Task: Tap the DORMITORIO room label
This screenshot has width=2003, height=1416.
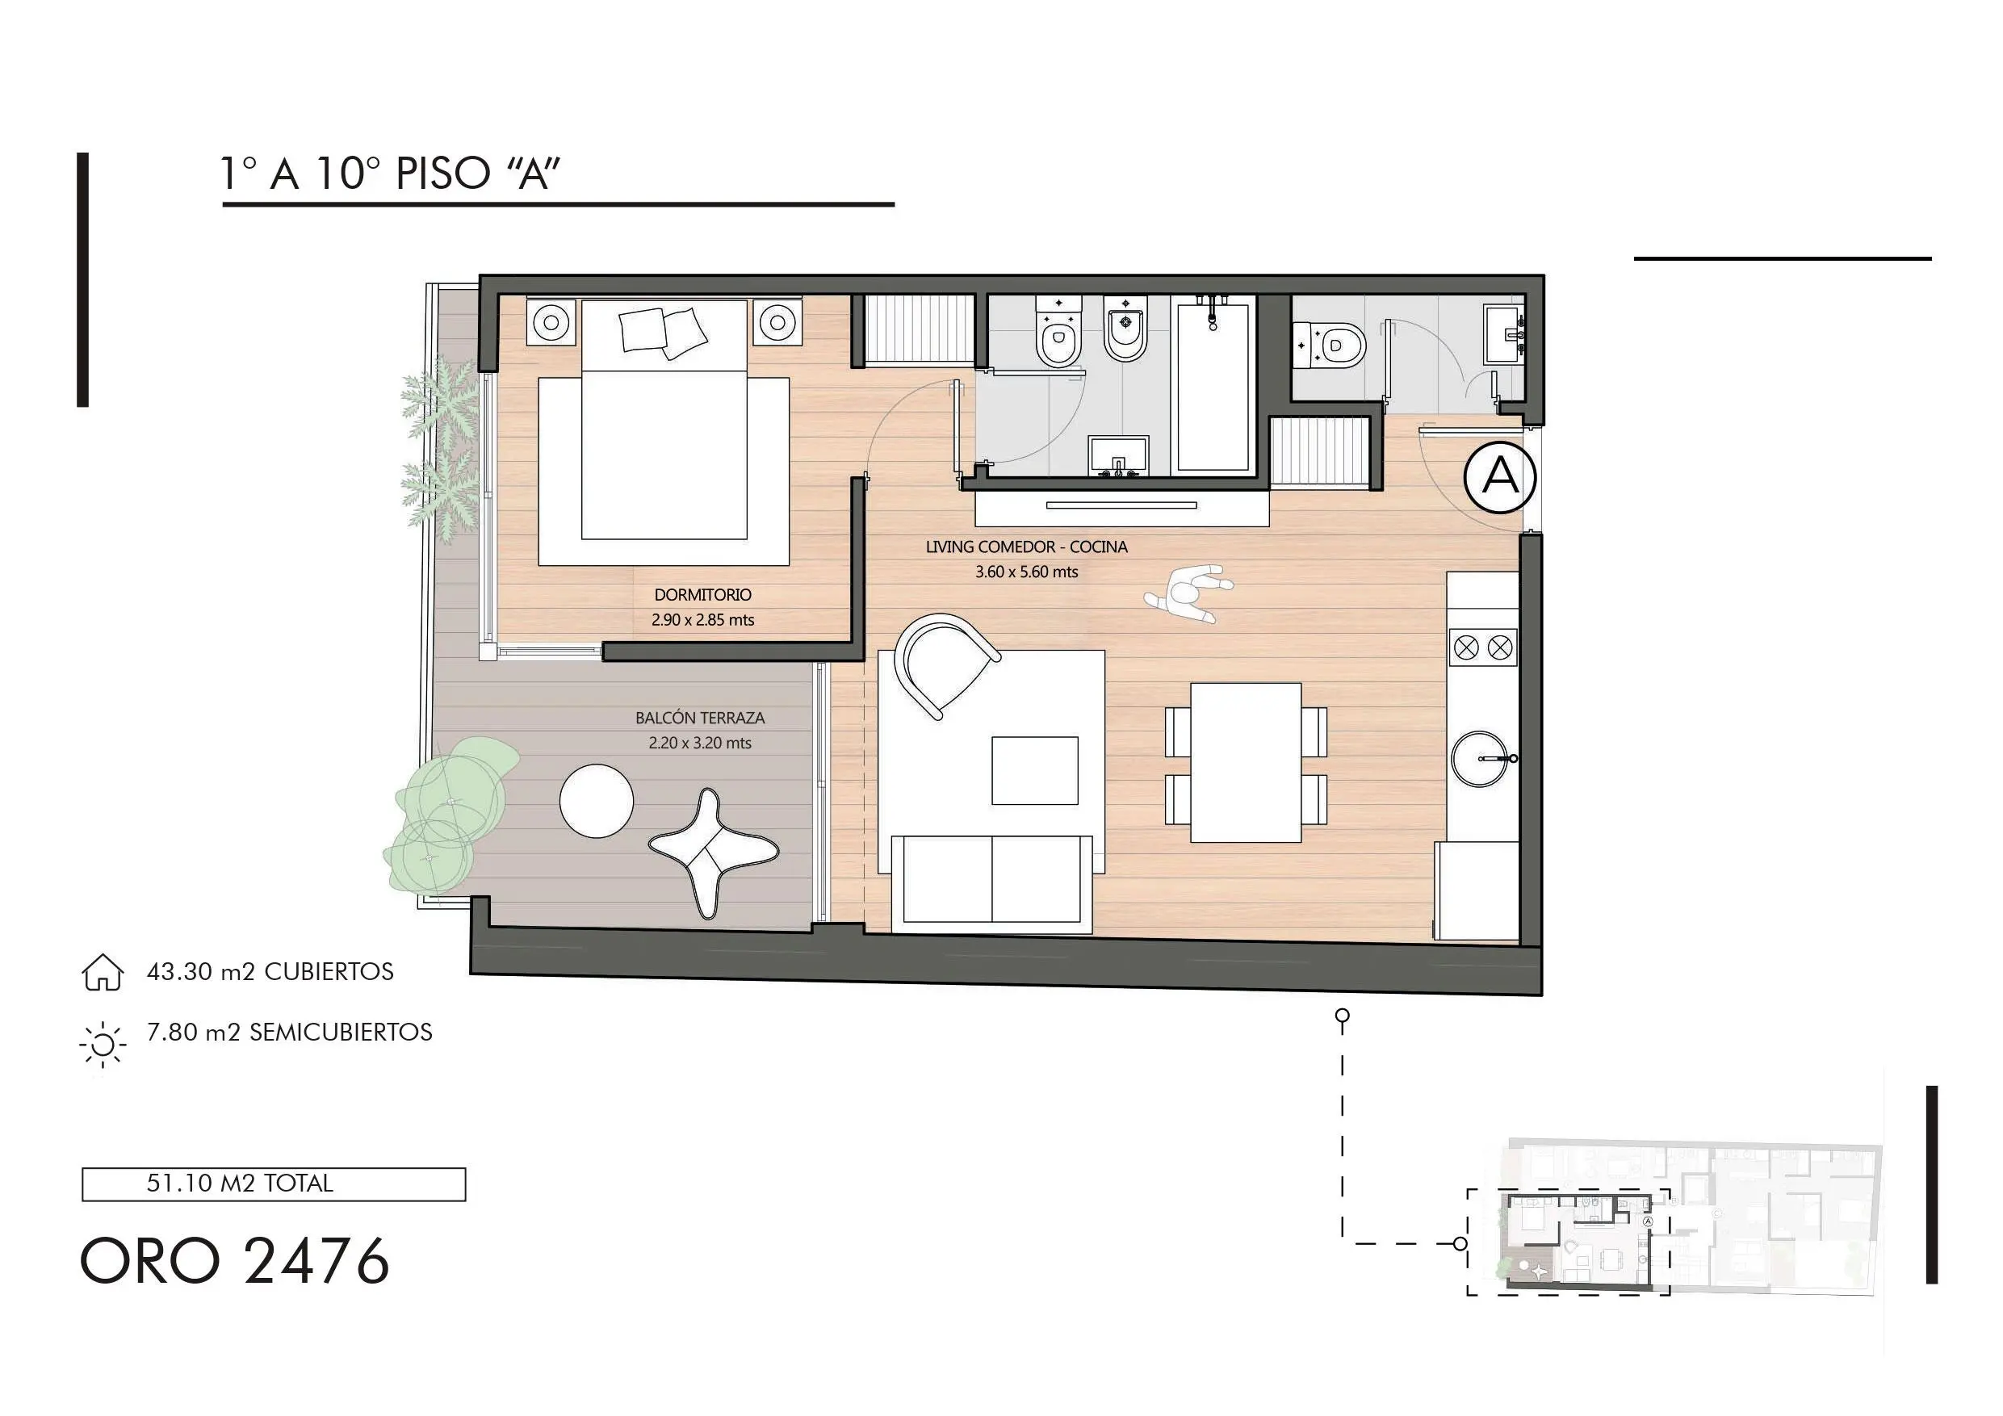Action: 702,595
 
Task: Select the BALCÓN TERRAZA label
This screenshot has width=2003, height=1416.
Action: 700,718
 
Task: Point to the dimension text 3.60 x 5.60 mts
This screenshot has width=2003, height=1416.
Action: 1026,572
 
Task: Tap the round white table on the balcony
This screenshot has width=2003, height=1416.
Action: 597,801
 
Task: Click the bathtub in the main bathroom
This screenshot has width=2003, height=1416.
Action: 1213,385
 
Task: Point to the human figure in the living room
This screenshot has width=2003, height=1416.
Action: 1188,594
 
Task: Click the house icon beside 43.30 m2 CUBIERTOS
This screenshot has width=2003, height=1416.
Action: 102,972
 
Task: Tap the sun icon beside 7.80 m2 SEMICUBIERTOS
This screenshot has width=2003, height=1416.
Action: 102,1044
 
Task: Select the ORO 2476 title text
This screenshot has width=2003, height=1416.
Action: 235,1262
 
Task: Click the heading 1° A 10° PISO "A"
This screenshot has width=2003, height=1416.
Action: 389,173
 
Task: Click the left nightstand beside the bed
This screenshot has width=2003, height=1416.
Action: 551,323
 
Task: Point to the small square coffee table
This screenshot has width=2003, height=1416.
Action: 1035,770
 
